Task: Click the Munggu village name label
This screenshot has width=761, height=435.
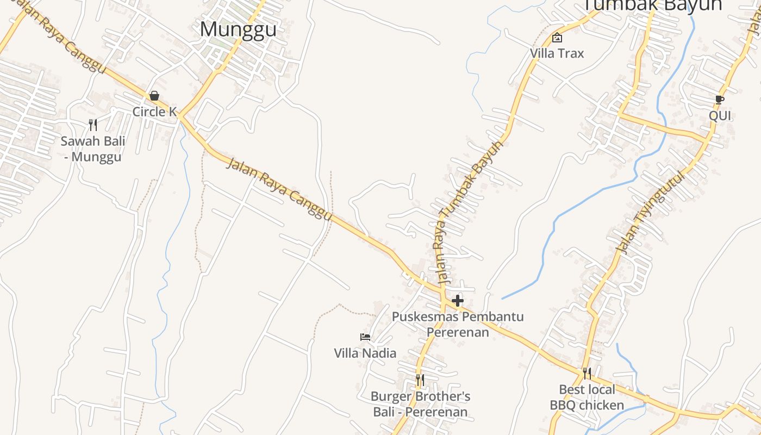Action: coord(238,29)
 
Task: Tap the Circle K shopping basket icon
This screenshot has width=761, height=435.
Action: coord(154,96)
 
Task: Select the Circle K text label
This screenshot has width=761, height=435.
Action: coord(155,111)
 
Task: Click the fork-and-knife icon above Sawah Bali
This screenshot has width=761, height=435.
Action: coord(93,125)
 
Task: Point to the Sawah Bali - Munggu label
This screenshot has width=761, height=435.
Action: coord(93,149)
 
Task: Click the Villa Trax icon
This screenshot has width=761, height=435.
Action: coord(557,38)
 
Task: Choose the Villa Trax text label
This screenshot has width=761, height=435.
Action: coord(557,53)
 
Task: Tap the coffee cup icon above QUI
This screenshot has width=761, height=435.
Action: coord(720,100)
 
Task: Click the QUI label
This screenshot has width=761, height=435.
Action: coord(720,116)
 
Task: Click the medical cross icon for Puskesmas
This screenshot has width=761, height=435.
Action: coord(458,300)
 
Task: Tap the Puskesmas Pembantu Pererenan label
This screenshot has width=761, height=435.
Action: coord(458,324)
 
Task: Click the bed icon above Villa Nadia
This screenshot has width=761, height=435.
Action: coord(365,337)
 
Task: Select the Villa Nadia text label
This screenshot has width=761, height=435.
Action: coord(365,353)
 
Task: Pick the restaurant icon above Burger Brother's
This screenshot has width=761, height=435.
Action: coord(420,380)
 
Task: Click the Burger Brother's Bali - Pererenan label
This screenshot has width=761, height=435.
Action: coord(420,404)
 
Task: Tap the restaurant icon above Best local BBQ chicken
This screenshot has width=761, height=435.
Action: coord(587,373)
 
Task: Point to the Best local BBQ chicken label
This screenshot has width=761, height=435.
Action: coord(587,397)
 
